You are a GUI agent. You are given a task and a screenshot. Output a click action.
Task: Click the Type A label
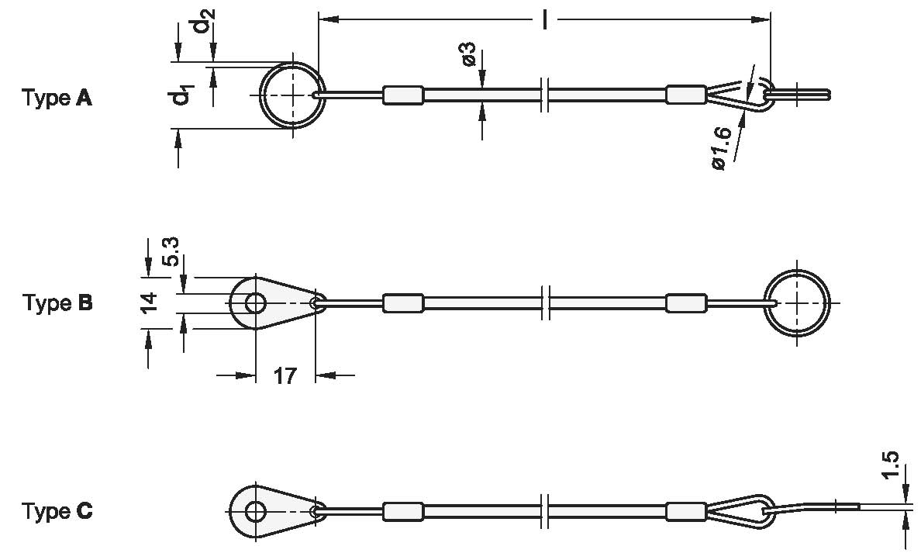pyautogui.click(x=57, y=99)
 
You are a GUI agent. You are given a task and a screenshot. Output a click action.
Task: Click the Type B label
pyautogui.click(x=57, y=302)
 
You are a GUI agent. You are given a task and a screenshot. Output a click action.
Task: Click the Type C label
pyautogui.click(x=57, y=512)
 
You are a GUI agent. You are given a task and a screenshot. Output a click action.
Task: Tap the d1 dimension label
pyautogui.click(x=181, y=96)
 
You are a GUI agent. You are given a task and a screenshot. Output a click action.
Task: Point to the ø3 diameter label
pyautogui.click(x=467, y=54)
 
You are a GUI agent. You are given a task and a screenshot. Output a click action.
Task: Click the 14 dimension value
pyautogui.click(x=151, y=301)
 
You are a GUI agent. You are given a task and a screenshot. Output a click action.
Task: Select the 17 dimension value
pyautogui.click(x=285, y=376)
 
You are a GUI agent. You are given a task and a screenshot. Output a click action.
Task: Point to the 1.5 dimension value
pyautogui.click(x=892, y=466)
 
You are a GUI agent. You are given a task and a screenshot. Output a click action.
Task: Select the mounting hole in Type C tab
pyautogui.click(x=254, y=511)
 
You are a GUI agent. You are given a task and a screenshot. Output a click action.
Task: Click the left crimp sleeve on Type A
pyautogui.click(x=403, y=95)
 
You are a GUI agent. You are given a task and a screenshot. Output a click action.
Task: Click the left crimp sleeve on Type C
pyautogui.click(x=403, y=511)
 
